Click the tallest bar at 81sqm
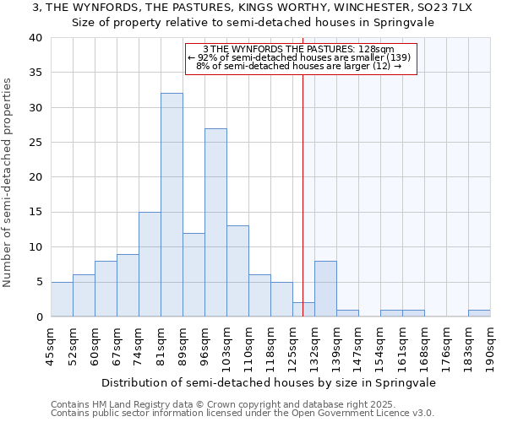172,205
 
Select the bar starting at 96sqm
215,223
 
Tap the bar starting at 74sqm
150,264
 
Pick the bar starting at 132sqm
325,289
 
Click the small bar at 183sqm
479,313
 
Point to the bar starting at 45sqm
62,300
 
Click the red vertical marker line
303,194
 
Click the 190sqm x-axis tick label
490,344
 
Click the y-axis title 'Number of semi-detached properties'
8,182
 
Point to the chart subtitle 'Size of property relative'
253,23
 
